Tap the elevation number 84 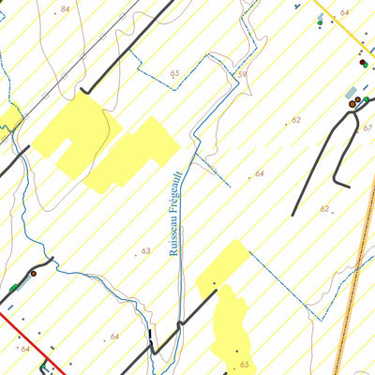click(x=64, y=8)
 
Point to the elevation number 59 click(x=241, y=74)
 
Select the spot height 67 click(x=367, y=127)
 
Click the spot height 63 click(x=145, y=251)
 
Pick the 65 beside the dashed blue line click(x=174, y=72)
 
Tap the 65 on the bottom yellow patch click(x=244, y=364)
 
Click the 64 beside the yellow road click(x=344, y=12)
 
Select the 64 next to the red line click(x=24, y=349)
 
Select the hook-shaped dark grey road click(x=323, y=159)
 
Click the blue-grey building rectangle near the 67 click(x=352, y=93)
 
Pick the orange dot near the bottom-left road click(x=33, y=273)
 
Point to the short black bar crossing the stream click(x=150, y=335)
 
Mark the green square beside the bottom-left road click(x=15, y=287)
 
